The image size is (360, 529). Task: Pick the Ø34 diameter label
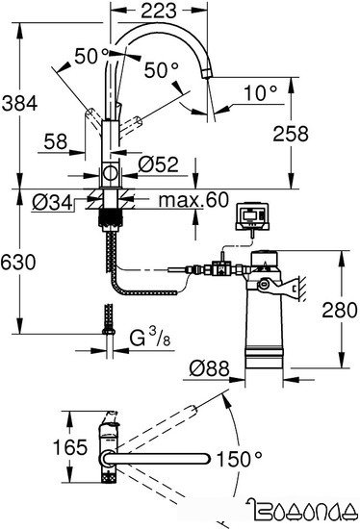(x=48, y=202)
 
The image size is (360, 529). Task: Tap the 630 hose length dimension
(x=19, y=263)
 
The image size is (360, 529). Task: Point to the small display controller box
(x=253, y=214)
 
